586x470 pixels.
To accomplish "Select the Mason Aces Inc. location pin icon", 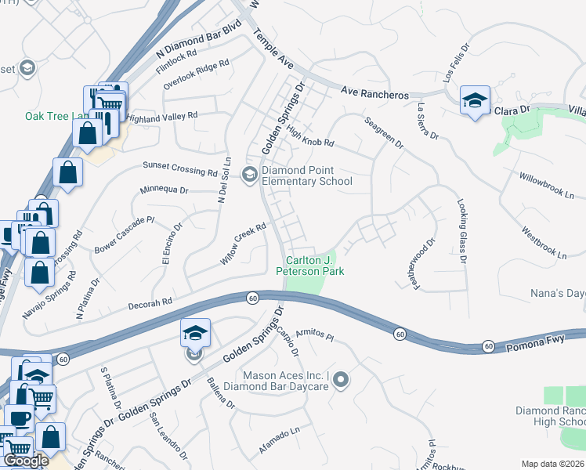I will point(340,381).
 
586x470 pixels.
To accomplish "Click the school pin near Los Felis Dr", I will point(474,100).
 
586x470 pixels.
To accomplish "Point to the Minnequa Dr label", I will point(164,190).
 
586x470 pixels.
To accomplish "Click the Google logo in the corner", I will point(26,461).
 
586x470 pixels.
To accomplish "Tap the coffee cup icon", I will point(20,418).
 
